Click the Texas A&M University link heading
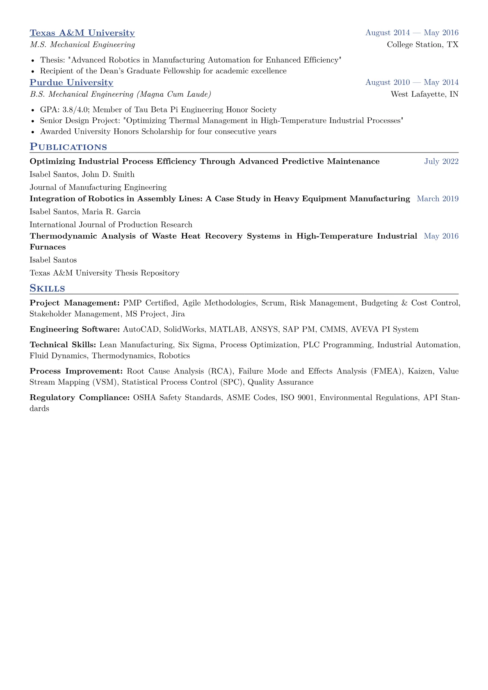(82, 33)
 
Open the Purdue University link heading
(71, 82)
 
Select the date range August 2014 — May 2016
(412, 33)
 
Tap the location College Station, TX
(422, 44)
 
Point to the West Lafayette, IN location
(424, 94)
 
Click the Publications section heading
(68, 147)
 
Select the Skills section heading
(47, 288)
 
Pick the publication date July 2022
(441, 162)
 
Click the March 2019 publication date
(438, 199)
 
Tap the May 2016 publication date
(441, 236)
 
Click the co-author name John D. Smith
(108, 174)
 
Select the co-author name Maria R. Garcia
(111, 212)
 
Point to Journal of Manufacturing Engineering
(98, 187)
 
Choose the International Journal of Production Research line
(111, 225)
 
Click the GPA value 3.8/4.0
(76, 109)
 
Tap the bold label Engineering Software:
(75, 329)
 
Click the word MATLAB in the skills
(224, 329)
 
